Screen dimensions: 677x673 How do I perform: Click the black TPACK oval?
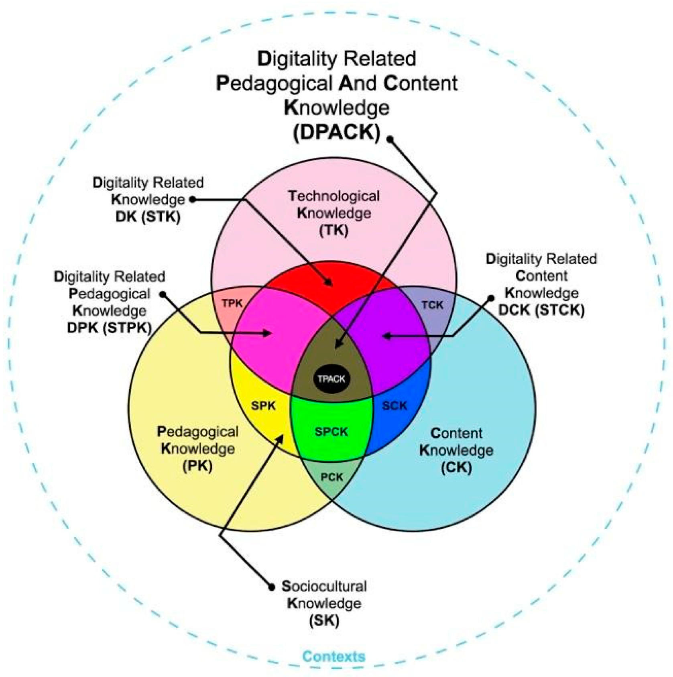tap(331, 379)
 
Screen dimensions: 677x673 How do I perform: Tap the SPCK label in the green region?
tap(331, 432)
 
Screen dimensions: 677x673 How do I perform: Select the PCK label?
tap(332, 477)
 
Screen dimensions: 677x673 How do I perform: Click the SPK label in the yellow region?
tap(263, 406)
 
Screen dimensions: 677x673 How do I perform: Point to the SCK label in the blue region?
tap(394, 406)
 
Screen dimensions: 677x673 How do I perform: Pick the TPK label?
tap(232, 304)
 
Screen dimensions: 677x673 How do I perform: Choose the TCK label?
tap(432, 305)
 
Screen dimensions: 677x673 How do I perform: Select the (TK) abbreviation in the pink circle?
tap(334, 230)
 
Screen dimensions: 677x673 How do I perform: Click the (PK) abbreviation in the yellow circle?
tap(197, 466)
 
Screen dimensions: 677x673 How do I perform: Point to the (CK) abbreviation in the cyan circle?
tap(456, 467)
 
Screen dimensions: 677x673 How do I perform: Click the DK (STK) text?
tap(148, 217)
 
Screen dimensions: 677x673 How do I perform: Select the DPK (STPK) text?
tap(109, 328)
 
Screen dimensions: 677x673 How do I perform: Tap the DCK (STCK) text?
tap(541, 310)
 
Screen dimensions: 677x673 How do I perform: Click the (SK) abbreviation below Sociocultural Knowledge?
tap(324, 620)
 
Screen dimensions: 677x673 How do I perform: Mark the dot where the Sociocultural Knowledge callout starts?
tap(272, 587)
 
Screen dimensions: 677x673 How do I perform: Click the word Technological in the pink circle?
tap(333, 196)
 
